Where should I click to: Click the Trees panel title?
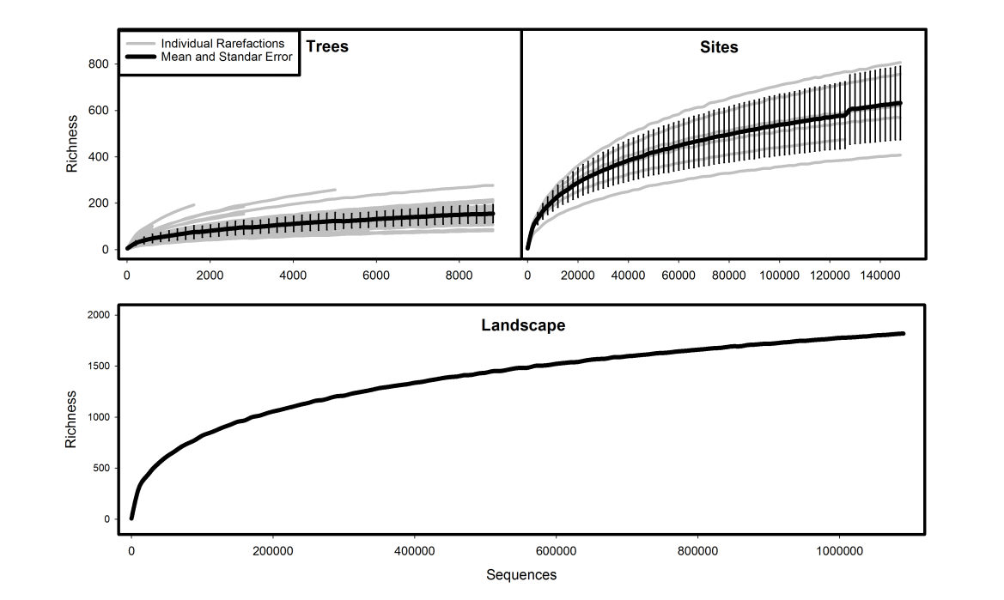[x=327, y=46]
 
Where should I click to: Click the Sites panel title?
[x=719, y=47]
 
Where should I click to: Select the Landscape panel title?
[x=520, y=326]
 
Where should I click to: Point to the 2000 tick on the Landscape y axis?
[x=99, y=315]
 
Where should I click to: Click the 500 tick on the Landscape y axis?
[x=101, y=469]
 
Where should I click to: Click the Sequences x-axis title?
[x=521, y=574]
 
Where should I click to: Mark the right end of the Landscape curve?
[x=904, y=333]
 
